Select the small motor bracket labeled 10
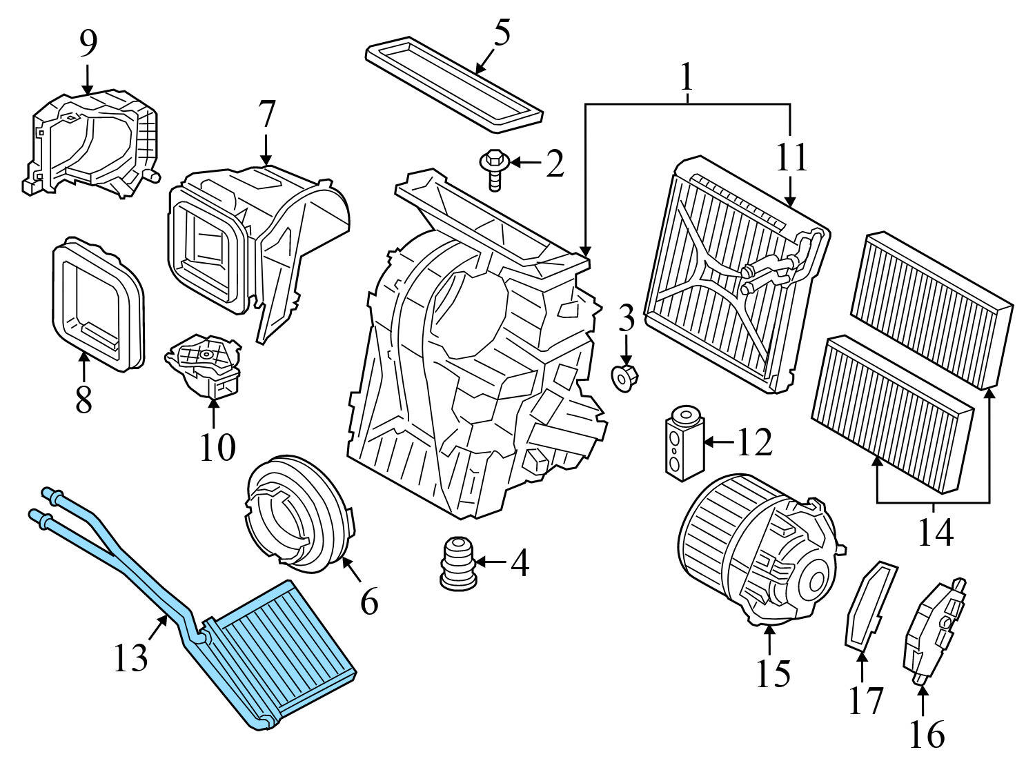click(x=204, y=366)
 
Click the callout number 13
click(x=130, y=658)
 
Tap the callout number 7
click(x=266, y=114)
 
